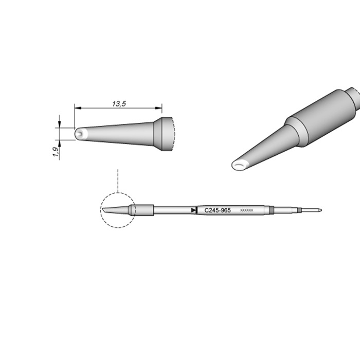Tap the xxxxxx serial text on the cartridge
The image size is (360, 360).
point(246,211)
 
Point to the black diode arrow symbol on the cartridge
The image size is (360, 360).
point(193,210)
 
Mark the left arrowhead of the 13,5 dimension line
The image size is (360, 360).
point(77,109)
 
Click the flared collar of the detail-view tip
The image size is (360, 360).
point(166,134)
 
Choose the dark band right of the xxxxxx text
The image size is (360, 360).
point(272,210)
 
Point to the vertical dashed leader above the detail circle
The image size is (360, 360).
point(118,180)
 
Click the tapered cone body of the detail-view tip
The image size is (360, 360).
point(118,134)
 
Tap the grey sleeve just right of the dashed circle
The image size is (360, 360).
point(144,210)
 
